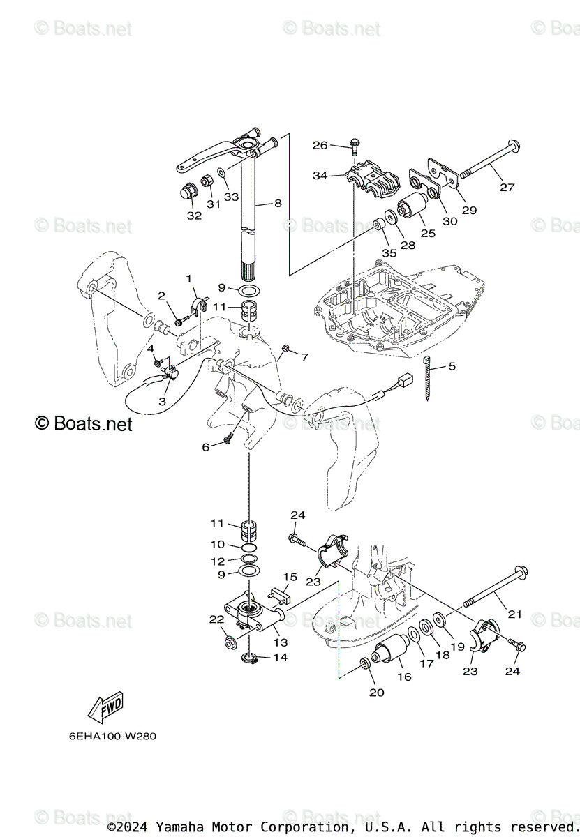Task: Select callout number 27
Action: pyautogui.click(x=507, y=187)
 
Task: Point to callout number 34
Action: pyautogui.click(x=320, y=175)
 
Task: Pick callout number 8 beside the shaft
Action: pyautogui.click(x=278, y=204)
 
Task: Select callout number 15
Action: pyautogui.click(x=290, y=578)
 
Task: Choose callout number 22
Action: pyautogui.click(x=216, y=619)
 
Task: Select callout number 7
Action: pyautogui.click(x=304, y=357)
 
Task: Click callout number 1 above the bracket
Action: pyautogui.click(x=188, y=279)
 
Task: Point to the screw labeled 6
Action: pyautogui.click(x=228, y=439)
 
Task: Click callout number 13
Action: pyautogui.click(x=281, y=642)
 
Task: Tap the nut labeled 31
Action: pyautogui.click(x=208, y=183)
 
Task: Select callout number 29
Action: pyautogui.click(x=468, y=210)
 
